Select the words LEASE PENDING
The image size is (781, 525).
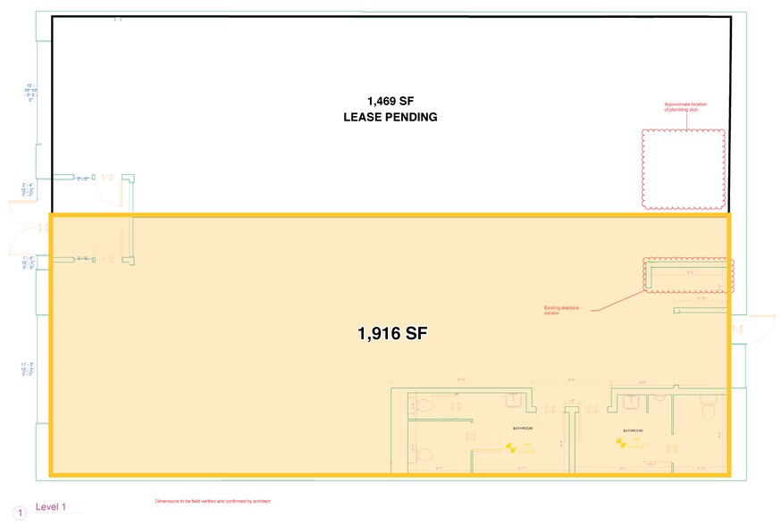point(390,117)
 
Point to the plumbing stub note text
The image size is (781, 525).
point(685,107)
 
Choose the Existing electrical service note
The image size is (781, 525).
point(562,310)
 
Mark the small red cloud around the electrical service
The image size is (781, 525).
point(688,276)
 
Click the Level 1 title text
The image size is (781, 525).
point(51,507)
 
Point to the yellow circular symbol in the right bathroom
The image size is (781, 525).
point(623,441)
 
